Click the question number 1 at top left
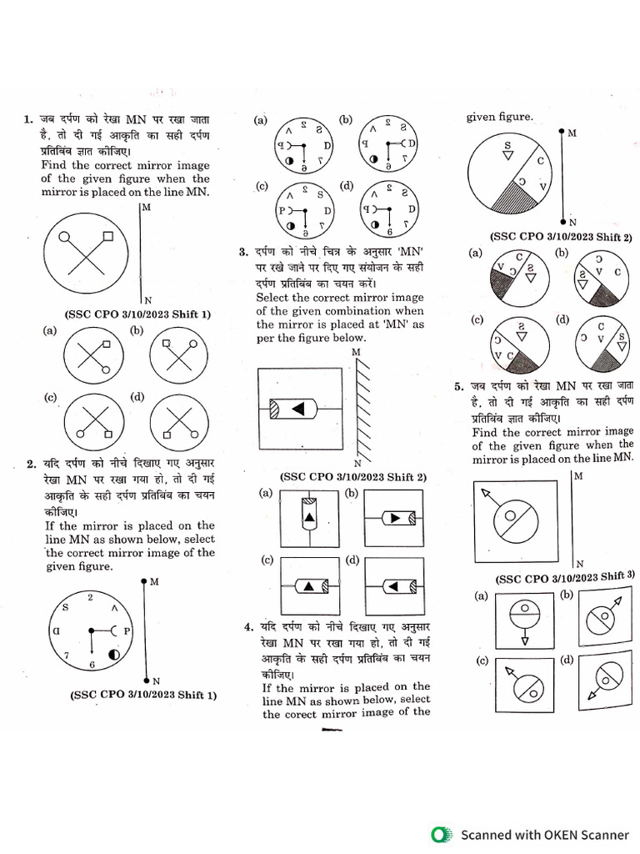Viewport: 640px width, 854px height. [28, 120]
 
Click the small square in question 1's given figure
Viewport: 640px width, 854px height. [107, 238]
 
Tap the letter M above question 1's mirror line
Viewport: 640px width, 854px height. [147, 207]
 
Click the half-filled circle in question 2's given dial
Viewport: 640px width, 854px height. [113, 656]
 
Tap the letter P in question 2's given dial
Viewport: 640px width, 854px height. [127, 631]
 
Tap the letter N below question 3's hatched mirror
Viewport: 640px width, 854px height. [357, 463]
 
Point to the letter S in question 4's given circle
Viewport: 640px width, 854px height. [507, 146]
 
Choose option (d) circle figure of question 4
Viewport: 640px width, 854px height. [602, 342]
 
